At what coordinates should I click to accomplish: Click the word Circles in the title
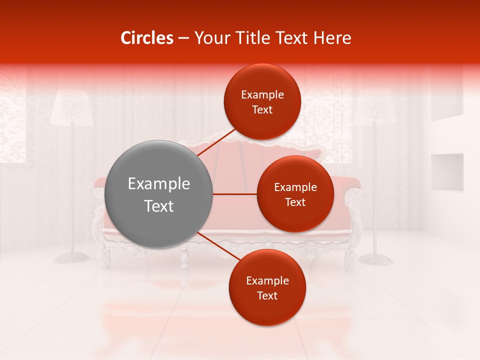tap(147, 38)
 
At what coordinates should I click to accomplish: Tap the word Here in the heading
tap(332, 38)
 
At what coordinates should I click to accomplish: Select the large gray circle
tap(159, 194)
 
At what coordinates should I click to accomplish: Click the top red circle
tap(262, 101)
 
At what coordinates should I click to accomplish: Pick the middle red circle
tap(295, 194)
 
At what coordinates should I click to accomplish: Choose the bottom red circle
tap(267, 287)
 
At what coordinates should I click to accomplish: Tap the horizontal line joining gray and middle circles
tap(234, 194)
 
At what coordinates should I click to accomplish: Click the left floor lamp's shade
tap(72, 108)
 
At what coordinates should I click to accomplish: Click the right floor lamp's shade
tap(375, 108)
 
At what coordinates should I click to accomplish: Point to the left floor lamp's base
tap(72, 257)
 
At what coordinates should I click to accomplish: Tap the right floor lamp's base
tap(375, 258)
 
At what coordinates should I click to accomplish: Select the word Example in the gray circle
tap(159, 183)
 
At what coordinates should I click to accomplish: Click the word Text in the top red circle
tap(262, 109)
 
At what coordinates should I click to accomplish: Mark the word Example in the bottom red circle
tap(267, 280)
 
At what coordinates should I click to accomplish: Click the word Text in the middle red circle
tap(295, 202)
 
